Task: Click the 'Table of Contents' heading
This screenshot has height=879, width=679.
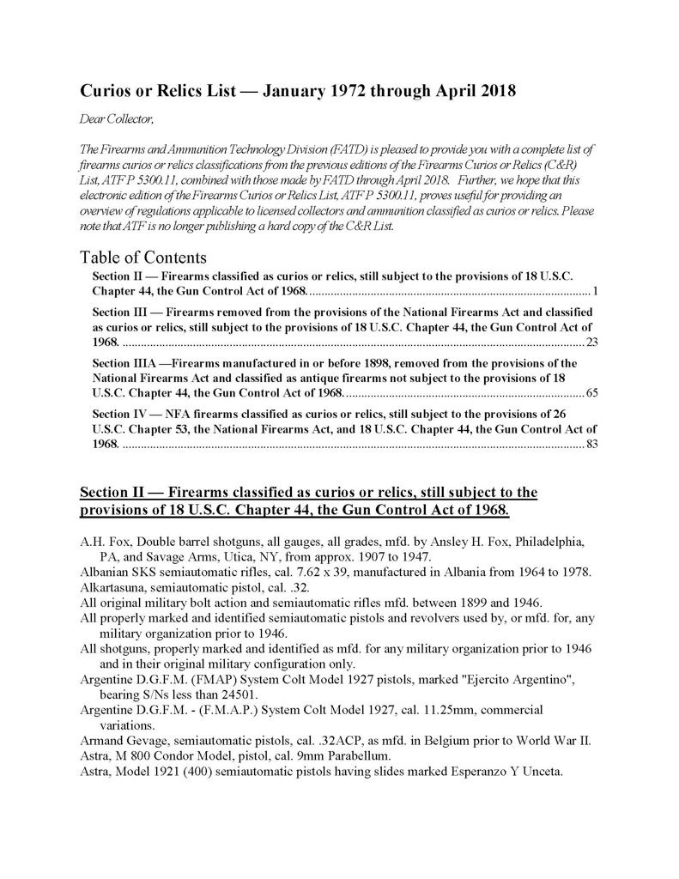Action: [x=142, y=257]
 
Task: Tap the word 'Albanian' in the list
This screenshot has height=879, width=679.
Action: [x=104, y=572]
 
